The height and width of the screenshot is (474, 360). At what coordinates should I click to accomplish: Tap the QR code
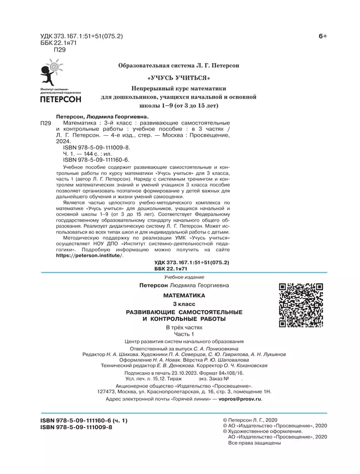(x=300, y=306)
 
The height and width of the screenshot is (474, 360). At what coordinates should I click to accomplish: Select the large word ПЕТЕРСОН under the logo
(x=61, y=100)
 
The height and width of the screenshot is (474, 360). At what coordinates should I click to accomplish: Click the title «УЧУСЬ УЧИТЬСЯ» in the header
(x=178, y=77)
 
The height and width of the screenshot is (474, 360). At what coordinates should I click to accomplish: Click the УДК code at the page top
(x=82, y=36)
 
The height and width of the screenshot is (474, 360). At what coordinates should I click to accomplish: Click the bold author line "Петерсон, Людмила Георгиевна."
(x=108, y=117)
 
